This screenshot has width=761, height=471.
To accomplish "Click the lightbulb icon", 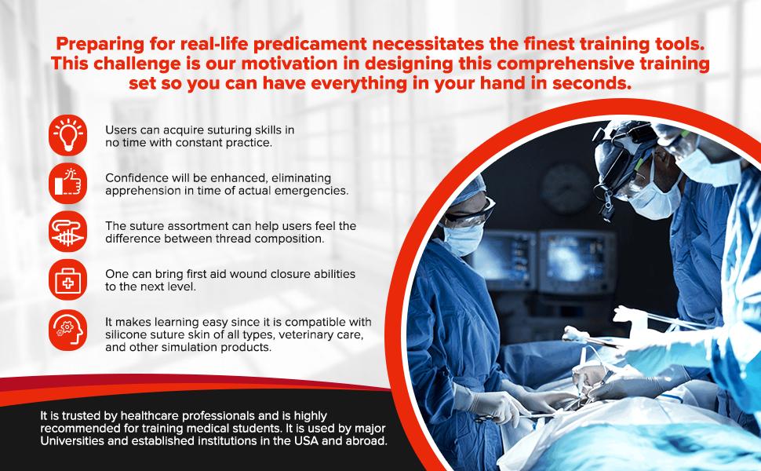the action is pyautogui.click(x=68, y=134).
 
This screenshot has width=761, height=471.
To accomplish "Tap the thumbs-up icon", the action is pyautogui.click(x=68, y=184).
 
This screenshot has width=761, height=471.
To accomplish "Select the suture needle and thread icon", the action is pyautogui.click(x=68, y=232).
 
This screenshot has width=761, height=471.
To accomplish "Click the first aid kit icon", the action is pyautogui.click(x=68, y=280).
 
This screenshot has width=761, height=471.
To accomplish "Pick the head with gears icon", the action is pyautogui.click(x=68, y=330).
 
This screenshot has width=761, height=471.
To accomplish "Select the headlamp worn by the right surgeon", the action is pyautogui.click(x=615, y=165).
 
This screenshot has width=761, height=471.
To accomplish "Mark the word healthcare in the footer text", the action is pyautogui.click(x=147, y=416).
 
